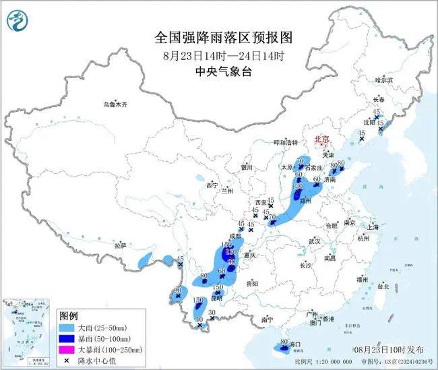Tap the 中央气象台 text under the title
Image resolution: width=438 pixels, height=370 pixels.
[218, 71]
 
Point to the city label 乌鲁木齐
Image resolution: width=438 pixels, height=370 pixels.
[115, 104]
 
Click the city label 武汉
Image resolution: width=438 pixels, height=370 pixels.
[313, 241]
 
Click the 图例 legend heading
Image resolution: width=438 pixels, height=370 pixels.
[69, 315]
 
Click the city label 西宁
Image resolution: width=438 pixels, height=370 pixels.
[212, 185]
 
